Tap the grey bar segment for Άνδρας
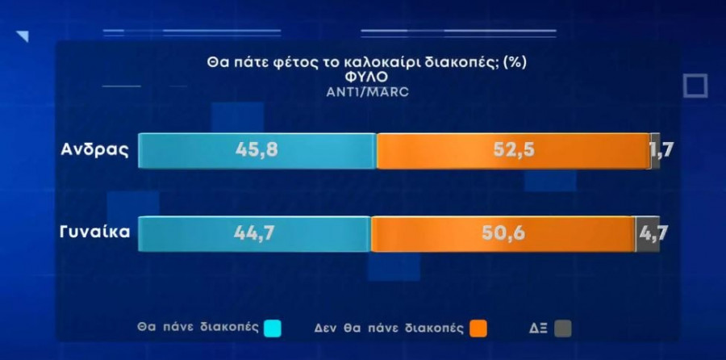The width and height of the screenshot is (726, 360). [x=656, y=150]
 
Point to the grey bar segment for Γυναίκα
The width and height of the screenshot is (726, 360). [x=647, y=234]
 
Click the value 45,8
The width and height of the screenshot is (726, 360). [x=257, y=150]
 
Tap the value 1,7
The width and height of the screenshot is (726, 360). [x=661, y=150]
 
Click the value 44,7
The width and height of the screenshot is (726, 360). [x=255, y=234]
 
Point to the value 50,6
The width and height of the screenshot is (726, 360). [x=504, y=234]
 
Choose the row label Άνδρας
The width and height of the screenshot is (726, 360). [x=94, y=150]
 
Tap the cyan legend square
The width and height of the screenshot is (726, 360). [x=273, y=328]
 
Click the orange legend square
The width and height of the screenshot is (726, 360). [x=478, y=328]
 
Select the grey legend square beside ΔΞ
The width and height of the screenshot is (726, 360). [x=562, y=328]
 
